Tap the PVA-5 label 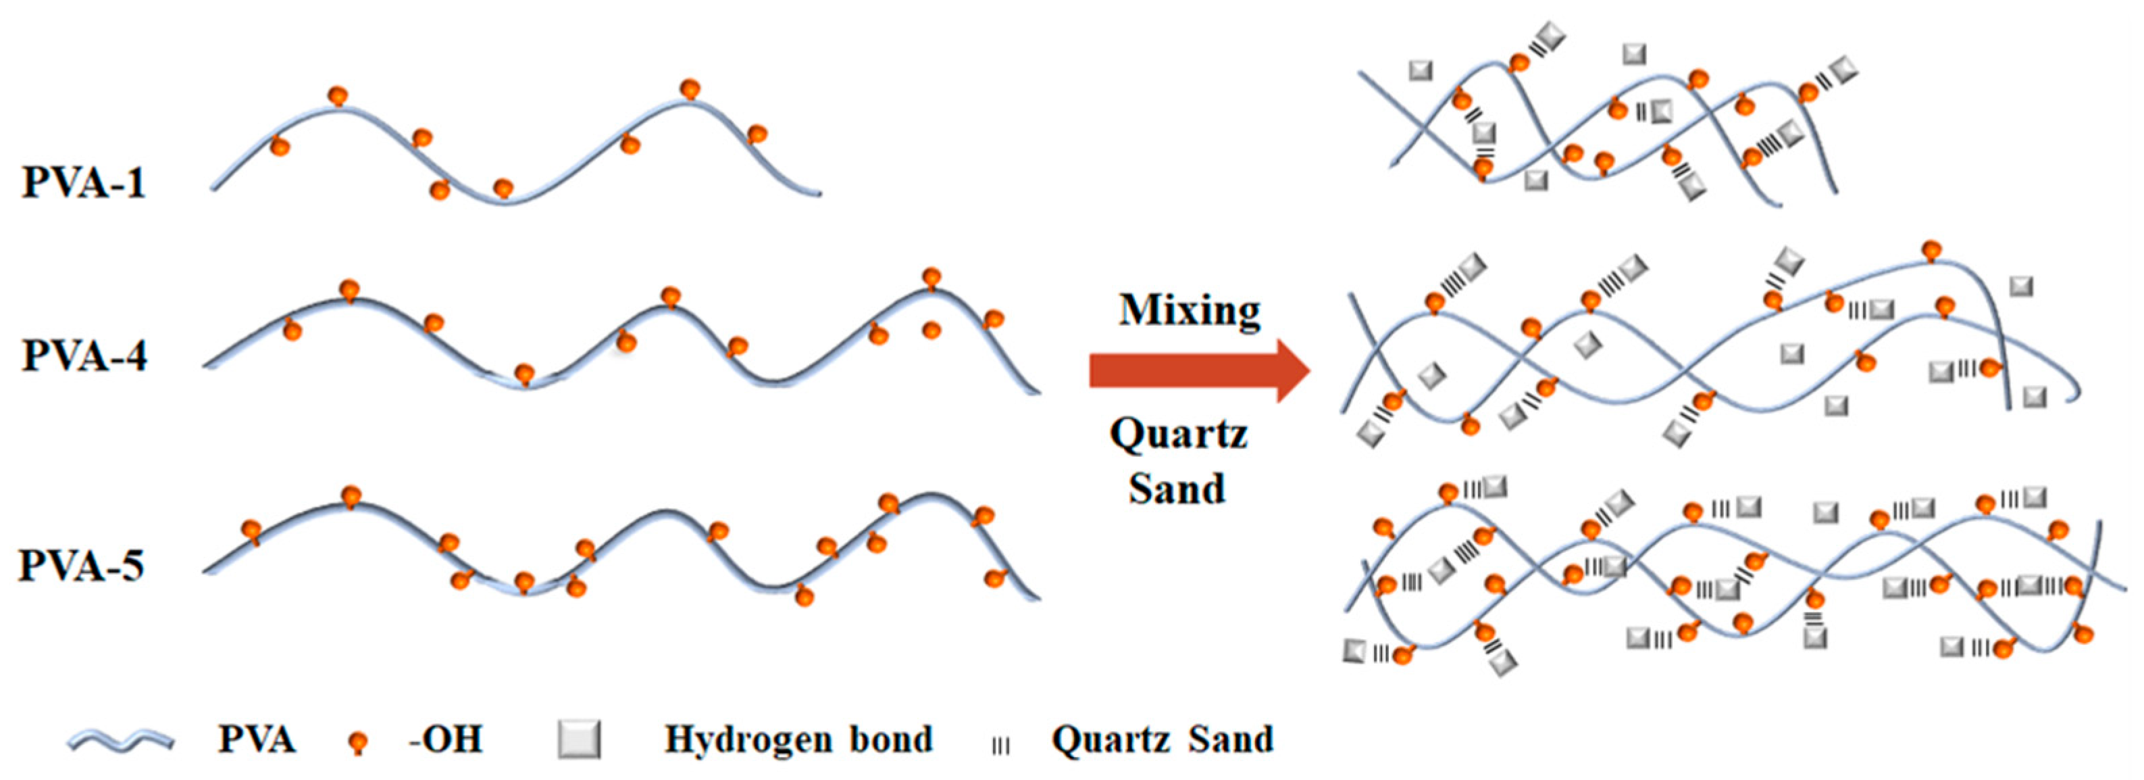82,565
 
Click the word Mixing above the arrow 1190,310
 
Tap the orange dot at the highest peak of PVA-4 931,277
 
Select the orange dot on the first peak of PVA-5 351,496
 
